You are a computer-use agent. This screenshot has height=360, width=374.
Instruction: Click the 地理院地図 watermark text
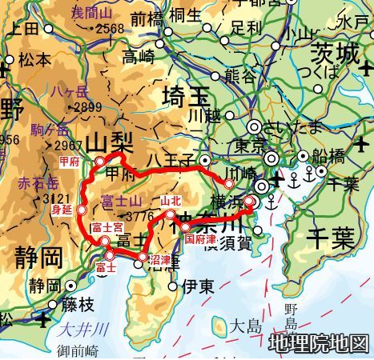pyautogui.click(x=320, y=343)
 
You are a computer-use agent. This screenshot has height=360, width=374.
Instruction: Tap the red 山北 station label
pyautogui.click(x=171, y=201)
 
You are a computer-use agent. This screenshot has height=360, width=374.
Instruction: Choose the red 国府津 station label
pyautogui.click(x=199, y=238)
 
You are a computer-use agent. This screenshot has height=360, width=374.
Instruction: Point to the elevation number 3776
pyautogui.click(x=138, y=214)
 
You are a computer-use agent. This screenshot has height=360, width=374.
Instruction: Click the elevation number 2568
pyautogui.click(x=111, y=30)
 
